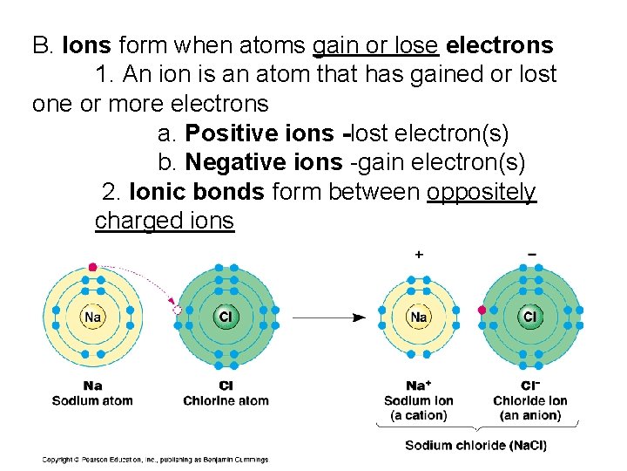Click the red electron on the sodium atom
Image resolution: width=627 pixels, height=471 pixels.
click(93, 268)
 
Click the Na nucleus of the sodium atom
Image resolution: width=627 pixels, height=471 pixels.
click(92, 317)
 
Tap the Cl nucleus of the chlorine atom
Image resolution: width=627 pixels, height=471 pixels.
click(225, 317)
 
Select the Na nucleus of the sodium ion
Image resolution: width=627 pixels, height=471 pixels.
click(419, 317)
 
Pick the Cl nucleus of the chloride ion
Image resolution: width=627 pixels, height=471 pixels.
click(529, 317)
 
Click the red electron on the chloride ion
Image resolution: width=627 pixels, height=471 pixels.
click(482, 310)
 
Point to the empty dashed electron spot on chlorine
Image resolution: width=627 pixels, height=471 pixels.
click(178, 310)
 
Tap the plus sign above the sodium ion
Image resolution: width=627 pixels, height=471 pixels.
click(419, 255)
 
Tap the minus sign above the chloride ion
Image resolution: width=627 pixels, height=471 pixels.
click(531, 255)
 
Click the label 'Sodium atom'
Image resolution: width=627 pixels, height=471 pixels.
click(92, 400)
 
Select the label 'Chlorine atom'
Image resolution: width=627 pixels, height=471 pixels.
click(226, 400)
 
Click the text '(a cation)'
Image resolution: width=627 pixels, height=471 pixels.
click(419, 415)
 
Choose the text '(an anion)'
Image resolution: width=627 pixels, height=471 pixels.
click(529, 415)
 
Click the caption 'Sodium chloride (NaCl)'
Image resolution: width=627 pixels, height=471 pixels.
click(475, 446)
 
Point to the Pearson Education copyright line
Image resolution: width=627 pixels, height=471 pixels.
click(155, 460)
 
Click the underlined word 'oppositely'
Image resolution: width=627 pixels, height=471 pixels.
click(482, 192)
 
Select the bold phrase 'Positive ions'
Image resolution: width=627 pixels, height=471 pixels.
click(260, 133)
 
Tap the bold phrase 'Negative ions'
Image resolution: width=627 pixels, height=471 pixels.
click(264, 162)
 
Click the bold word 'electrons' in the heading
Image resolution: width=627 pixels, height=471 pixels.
click(499, 44)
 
